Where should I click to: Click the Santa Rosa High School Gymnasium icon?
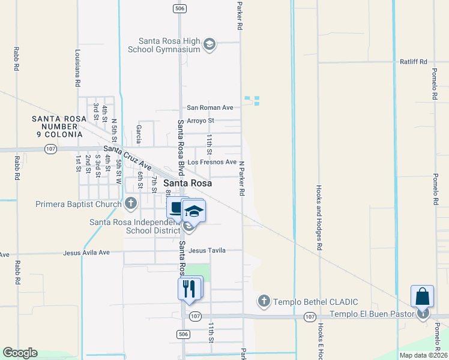(x=209, y=45)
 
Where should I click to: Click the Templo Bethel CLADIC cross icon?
(x=264, y=301)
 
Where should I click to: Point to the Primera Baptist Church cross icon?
(x=131, y=204)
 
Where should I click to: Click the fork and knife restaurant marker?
(x=188, y=289)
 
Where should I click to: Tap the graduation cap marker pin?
(x=194, y=211)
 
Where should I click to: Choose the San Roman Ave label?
(x=209, y=108)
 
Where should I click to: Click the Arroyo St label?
(x=200, y=121)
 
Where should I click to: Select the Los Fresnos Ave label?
(x=212, y=162)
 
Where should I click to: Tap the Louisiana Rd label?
(x=77, y=69)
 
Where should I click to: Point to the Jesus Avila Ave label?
(x=86, y=253)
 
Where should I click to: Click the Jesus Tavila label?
(x=207, y=250)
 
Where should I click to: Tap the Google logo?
(x=20, y=353)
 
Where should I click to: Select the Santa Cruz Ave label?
(x=128, y=156)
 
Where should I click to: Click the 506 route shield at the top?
(x=179, y=8)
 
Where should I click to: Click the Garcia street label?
(x=139, y=129)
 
